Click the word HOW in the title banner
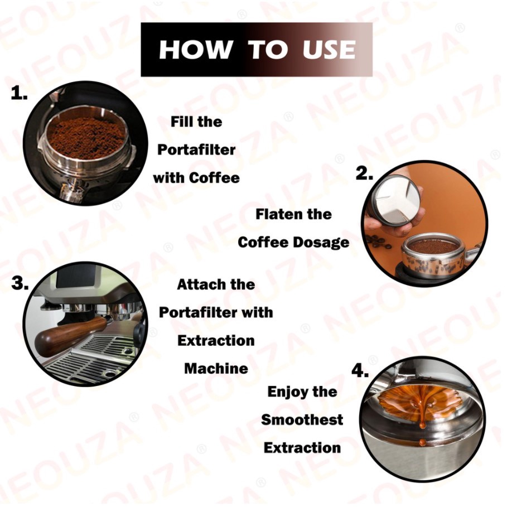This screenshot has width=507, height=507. pos(196,50)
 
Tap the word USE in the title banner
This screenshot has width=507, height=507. pos(329,50)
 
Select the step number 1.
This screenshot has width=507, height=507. pos(19,93)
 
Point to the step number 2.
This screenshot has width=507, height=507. pos(364,173)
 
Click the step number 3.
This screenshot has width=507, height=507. pos(20,283)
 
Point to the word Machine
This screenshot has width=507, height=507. pos(216,368)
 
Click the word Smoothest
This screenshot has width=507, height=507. pos(302,419)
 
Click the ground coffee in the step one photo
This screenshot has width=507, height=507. pos(85,138)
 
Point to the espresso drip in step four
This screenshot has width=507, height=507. pos(422,417)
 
